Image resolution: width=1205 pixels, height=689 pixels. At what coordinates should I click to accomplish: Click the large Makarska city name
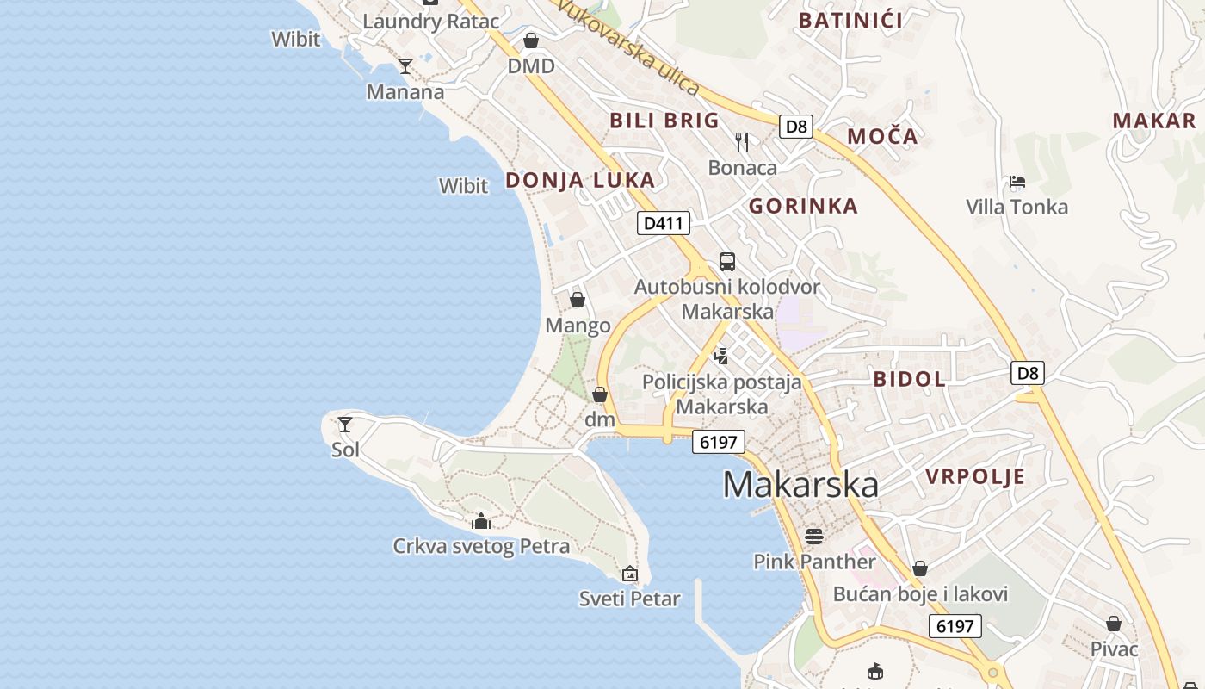(800, 485)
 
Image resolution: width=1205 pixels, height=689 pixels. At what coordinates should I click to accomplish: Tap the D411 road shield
(664, 224)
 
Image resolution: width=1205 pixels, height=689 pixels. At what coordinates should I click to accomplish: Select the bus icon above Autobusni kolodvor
(727, 262)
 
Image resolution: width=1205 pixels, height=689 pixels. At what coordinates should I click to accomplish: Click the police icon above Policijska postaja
(721, 356)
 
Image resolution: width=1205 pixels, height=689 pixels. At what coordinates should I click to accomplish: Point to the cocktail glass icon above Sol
(345, 424)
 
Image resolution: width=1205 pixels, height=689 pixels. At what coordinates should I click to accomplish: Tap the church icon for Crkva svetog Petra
(481, 521)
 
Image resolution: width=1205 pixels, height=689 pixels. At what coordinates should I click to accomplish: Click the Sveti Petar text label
(630, 599)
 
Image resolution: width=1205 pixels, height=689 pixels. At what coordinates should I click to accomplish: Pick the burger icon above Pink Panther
(814, 537)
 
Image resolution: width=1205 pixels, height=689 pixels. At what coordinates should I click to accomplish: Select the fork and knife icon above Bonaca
(742, 141)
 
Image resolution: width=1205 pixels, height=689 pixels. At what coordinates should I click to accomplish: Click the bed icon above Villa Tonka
(1017, 182)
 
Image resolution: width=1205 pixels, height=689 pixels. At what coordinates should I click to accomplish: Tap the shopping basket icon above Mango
(578, 300)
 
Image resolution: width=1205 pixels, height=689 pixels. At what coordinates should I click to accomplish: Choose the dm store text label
(600, 419)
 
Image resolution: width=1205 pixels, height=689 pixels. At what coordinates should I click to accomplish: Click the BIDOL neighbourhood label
(910, 379)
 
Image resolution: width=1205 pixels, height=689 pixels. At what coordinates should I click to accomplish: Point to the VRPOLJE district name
(975, 476)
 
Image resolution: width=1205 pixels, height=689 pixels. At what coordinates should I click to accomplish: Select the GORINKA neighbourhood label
(803, 206)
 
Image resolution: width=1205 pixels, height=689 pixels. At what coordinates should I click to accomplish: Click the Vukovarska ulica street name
(628, 47)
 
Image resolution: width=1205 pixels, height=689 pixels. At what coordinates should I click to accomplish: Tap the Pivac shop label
(1114, 649)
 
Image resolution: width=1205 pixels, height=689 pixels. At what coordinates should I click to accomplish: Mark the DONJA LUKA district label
(580, 180)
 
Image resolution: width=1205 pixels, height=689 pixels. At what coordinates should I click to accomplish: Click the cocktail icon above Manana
(405, 66)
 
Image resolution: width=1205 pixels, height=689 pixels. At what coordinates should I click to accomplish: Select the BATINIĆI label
(850, 21)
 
